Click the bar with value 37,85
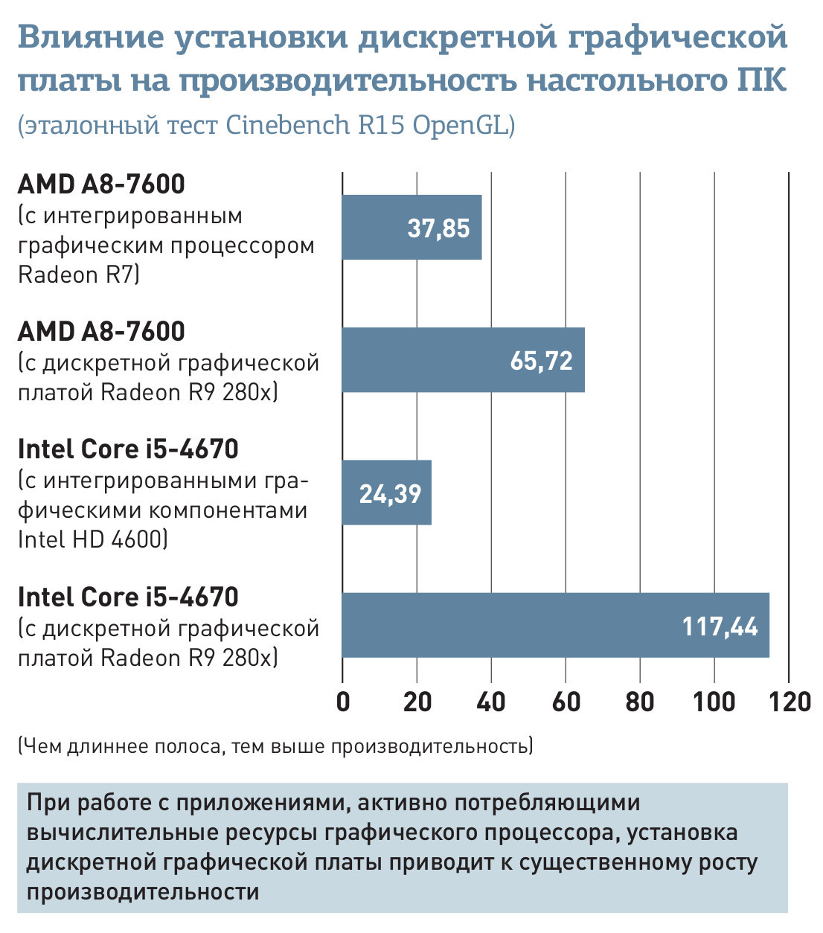click(411, 228)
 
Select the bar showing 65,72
click(463, 360)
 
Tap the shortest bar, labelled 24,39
click(386, 493)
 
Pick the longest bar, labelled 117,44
click(555, 625)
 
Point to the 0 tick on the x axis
click(343, 702)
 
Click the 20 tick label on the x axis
click(417, 702)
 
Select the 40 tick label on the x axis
click(491, 702)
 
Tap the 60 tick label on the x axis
click(566, 702)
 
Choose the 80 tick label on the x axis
click(640, 702)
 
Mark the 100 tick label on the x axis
click(714, 702)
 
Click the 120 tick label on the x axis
click(790, 702)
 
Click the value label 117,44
click(720, 626)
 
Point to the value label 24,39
click(390, 493)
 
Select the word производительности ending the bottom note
click(143, 891)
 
